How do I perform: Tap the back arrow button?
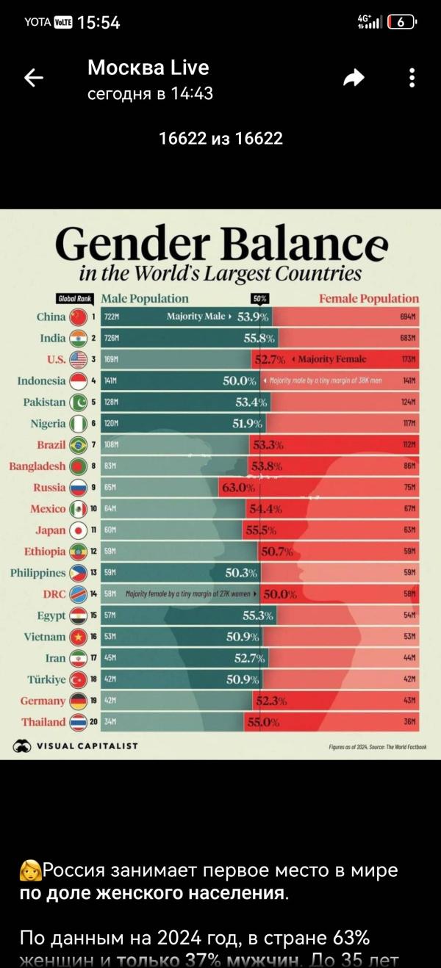(x=34, y=78)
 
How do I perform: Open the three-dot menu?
(x=412, y=78)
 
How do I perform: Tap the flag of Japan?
(x=79, y=530)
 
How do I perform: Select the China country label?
(x=51, y=317)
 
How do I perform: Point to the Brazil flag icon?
(x=79, y=444)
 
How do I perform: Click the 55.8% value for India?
(x=259, y=338)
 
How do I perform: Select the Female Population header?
(x=368, y=298)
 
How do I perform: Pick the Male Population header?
(x=144, y=298)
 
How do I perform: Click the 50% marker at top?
(x=259, y=299)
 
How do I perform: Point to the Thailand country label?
(x=43, y=722)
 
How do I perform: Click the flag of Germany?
(x=79, y=701)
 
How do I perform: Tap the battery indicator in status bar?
(x=401, y=22)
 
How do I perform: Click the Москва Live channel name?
(x=148, y=68)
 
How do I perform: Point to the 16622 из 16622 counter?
(x=220, y=138)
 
